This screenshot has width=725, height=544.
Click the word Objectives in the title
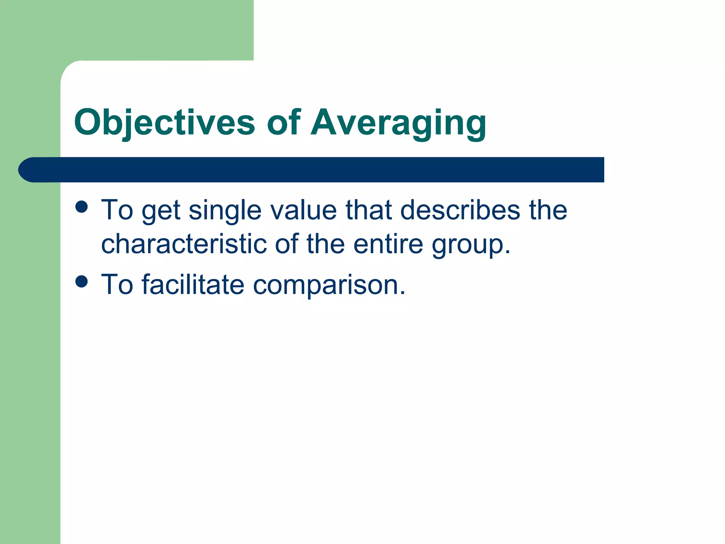(x=164, y=123)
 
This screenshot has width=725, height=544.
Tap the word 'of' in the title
(x=283, y=123)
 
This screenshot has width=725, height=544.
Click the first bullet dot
(x=82, y=207)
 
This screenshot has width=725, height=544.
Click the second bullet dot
(x=82, y=282)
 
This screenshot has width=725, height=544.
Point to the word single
(x=225, y=210)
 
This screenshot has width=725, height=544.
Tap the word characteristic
(x=184, y=244)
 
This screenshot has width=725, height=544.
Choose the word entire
(x=388, y=244)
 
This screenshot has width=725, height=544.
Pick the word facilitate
(x=193, y=284)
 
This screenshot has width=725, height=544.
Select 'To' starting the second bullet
(x=117, y=284)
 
